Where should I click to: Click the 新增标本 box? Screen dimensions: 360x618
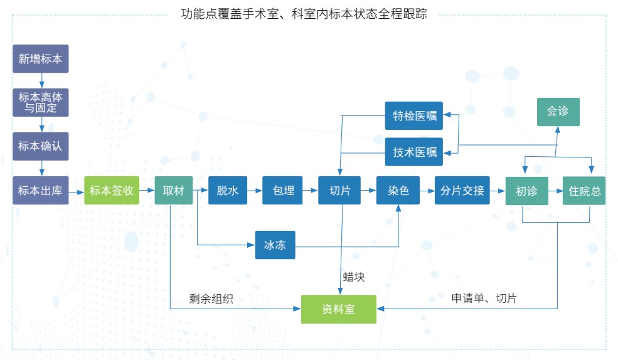(x=41, y=60)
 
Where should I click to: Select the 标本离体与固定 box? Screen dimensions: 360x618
(x=41, y=102)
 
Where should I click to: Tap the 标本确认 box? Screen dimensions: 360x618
(x=41, y=146)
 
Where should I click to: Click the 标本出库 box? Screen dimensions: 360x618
(x=41, y=191)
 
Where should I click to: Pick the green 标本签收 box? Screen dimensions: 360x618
(x=112, y=191)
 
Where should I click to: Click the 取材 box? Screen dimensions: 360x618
(x=174, y=191)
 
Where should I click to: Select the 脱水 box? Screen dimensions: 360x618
(x=227, y=191)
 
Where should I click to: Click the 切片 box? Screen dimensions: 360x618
(x=340, y=191)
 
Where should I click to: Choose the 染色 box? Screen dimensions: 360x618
(x=398, y=191)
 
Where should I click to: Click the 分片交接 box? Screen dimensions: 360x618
(x=462, y=191)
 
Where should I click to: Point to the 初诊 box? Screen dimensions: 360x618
(x=526, y=191)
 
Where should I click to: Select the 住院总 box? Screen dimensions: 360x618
(x=585, y=191)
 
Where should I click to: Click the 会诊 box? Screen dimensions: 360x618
(x=558, y=112)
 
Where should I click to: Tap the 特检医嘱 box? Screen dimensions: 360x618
(x=413, y=115)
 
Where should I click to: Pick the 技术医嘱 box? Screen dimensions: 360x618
(x=413, y=152)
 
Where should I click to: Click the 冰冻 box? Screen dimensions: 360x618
(x=275, y=245)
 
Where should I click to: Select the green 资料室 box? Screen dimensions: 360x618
(x=339, y=309)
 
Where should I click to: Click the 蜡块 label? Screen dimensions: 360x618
(x=354, y=277)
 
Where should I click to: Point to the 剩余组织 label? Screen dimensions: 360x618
(x=211, y=299)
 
